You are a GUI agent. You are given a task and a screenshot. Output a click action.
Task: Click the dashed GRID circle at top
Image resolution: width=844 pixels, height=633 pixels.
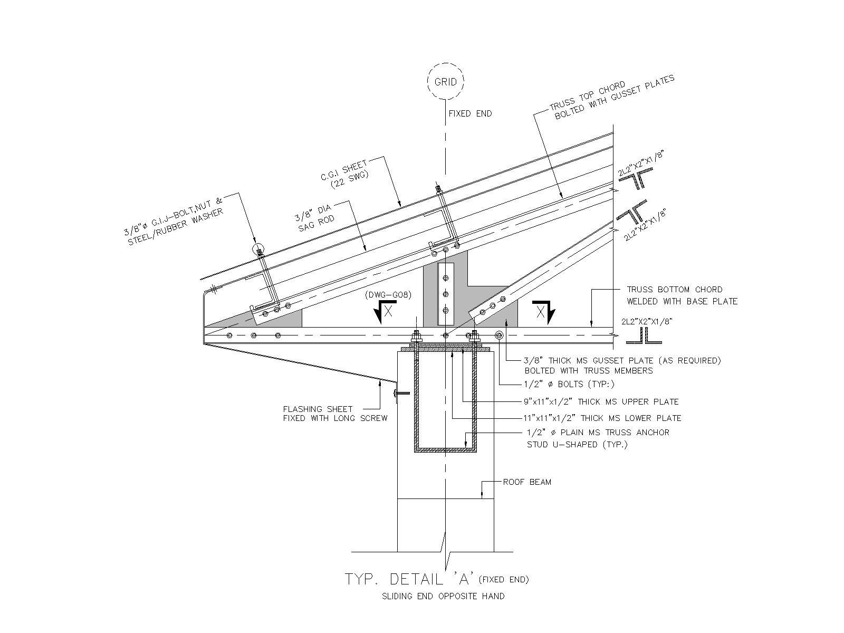tap(446, 82)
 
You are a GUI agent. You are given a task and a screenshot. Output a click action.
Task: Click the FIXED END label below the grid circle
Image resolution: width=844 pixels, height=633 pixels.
tap(470, 113)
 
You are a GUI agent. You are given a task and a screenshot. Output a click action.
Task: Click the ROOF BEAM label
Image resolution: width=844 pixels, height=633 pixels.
tap(527, 482)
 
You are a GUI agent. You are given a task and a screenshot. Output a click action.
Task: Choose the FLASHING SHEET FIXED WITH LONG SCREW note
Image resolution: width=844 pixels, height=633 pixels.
tap(335, 414)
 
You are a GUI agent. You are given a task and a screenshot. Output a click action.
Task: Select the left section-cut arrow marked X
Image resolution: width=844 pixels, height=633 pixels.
tap(386, 311)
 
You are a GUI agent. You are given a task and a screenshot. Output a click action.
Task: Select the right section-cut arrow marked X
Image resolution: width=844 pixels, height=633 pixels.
tap(543, 311)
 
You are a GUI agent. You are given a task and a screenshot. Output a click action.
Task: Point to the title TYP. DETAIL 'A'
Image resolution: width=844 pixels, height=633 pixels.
tap(409, 579)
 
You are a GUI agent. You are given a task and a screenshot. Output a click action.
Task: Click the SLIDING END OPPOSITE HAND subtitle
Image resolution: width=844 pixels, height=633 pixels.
tap(443, 597)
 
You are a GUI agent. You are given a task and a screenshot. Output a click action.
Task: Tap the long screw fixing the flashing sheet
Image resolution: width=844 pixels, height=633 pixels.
tap(401, 392)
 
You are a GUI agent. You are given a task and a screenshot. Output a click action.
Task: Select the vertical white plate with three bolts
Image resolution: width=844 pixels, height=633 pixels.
tap(446, 293)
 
